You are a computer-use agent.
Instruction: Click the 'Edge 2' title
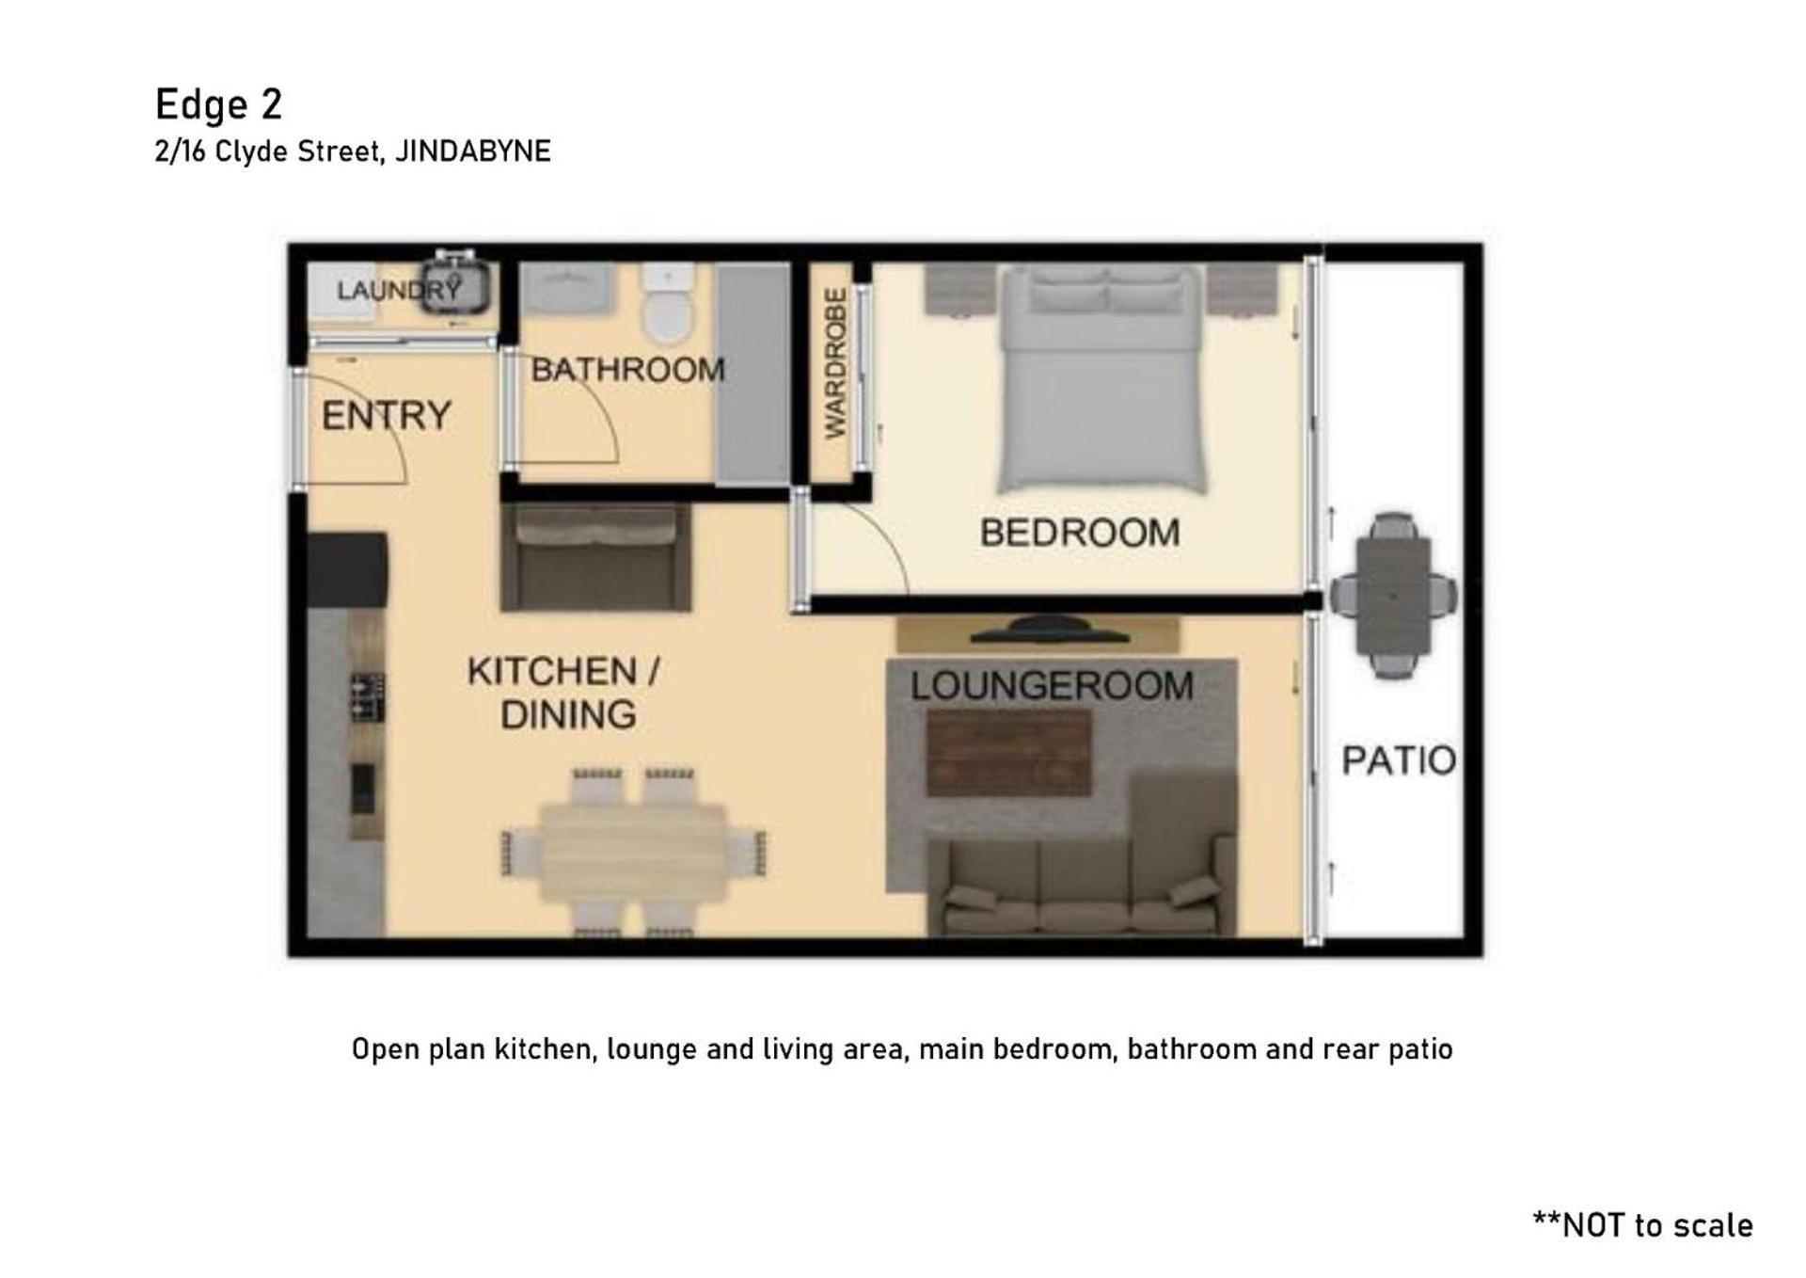click(218, 104)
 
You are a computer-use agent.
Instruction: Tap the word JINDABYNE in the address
click(472, 152)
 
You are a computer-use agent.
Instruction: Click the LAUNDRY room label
click(399, 290)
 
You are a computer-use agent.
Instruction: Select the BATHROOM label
click(627, 370)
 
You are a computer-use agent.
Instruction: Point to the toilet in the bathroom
click(668, 303)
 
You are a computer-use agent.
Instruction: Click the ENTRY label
click(387, 415)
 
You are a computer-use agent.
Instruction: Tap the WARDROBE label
click(835, 363)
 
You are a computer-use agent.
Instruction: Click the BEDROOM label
click(1079, 533)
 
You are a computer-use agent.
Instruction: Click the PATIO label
click(1399, 760)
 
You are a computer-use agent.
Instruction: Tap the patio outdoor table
click(1393, 596)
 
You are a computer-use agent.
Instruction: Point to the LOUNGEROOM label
click(1052, 685)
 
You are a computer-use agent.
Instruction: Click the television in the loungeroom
click(1049, 630)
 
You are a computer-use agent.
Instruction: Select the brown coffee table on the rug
click(1008, 752)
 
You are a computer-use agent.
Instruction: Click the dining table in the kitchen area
click(633, 853)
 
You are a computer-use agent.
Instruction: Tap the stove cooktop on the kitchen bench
click(367, 697)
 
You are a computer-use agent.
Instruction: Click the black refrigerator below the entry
click(347, 570)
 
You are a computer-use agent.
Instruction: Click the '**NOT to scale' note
click(1642, 1224)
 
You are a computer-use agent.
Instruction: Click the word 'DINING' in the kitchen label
click(568, 715)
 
